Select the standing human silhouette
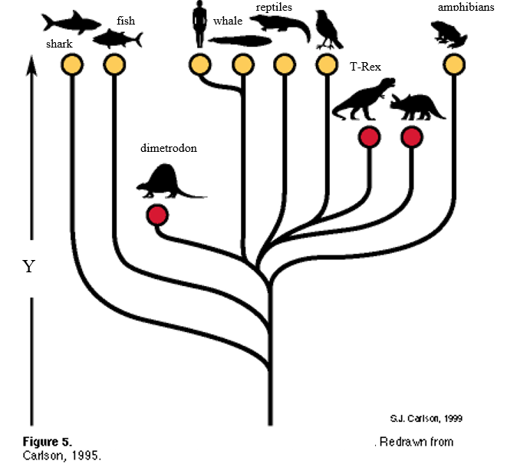pyautogui.click(x=199, y=25)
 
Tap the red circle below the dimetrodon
pyautogui.click(x=158, y=215)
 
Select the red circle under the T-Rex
pyautogui.click(x=369, y=137)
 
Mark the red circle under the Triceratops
pyautogui.click(x=412, y=137)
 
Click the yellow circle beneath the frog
pyautogui.click(x=453, y=64)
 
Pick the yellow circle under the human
pyautogui.click(x=200, y=64)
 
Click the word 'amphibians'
pyautogui.click(x=466, y=7)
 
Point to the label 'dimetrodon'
pyautogui.click(x=169, y=148)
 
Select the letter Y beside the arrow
pyautogui.click(x=28, y=267)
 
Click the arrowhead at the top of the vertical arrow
pyautogui.click(x=31, y=67)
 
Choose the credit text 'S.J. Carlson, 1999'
pyautogui.click(x=426, y=419)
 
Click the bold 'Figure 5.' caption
pyautogui.click(x=47, y=442)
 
